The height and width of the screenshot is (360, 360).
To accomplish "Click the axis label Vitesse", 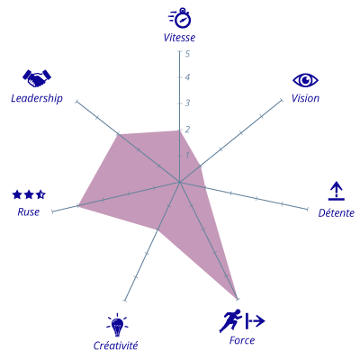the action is pos(179,38).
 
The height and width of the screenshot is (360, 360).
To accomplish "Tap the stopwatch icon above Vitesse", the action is pos(180,18).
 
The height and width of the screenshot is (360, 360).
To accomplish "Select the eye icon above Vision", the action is pos(305,80).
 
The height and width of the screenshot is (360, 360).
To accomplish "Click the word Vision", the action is pos(305,98).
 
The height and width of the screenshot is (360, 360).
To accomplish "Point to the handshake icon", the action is pos(37,78).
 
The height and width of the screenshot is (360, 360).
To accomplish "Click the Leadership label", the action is pos(37,98).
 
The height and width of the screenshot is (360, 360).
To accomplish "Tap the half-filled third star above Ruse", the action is pos(40,194).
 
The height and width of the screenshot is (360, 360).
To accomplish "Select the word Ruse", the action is pos(29,212).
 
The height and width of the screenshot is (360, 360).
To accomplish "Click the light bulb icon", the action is pos(117,325).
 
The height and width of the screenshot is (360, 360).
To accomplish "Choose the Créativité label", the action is pos(115,346).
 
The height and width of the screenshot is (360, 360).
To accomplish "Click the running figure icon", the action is pos(230,320).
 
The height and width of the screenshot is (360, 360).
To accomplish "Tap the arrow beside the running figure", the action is pos(255,321).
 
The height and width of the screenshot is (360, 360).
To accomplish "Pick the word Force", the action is pos(242,340).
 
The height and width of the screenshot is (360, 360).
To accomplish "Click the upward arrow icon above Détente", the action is pos(337,191).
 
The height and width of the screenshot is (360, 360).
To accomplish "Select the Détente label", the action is pos(337,213).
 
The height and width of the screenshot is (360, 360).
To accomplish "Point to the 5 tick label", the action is pos(187,54).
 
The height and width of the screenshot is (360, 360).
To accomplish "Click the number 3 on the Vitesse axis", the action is pos(187,103).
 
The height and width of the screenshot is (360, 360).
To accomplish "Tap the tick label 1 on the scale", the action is pos(187,155).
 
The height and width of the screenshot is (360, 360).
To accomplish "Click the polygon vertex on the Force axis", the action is pos(238,299).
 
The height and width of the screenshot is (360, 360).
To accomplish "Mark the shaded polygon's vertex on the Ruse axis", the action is pos(77,205).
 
